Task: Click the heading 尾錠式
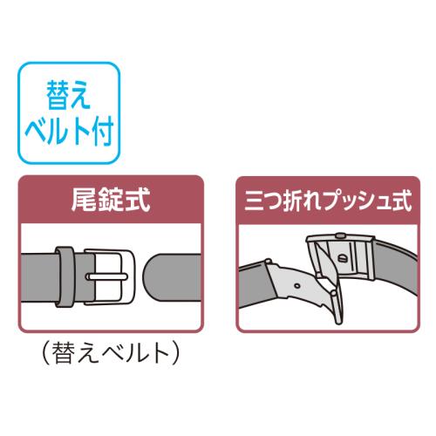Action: pyautogui.click(x=111, y=200)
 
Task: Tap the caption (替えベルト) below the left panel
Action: pyautogui.click(x=111, y=354)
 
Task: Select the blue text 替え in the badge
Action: pyautogui.click(x=69, y=94)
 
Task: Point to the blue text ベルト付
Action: pyautogui.click(x=69, y=131)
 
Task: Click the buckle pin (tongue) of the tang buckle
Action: pyautogui.click(x=106, y=276)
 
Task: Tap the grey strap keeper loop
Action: pyautogui.click(x=65, y=276)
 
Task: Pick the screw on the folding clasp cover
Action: pyautogui.click(x=341, y=258)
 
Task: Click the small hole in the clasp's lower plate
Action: pyautogui.click(x=297, y=286)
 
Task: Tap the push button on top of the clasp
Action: pyautogui.click(x=339, y=235)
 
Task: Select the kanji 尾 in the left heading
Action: pyautogui.click(x=85, y=200)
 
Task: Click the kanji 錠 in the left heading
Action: pyautogui.click(x=111, y=200)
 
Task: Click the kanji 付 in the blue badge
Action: pyautogui.click(x=102, y=131)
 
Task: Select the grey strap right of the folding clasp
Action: pyautogui.click(x=396, y=269)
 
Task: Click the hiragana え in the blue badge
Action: pyautogui.click(x=80, y=95)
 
